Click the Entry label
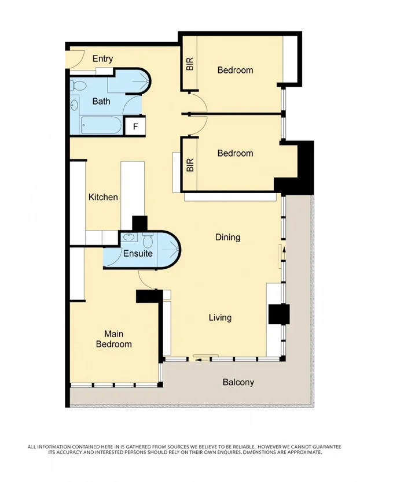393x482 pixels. [x=102, y=58]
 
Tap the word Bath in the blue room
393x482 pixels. [x=101, y=101]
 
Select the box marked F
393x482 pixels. [x=135, y=126]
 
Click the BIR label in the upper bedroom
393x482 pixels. [x=190, y=64]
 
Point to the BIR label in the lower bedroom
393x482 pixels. [x=190, y=165]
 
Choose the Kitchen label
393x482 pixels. [x=103, y=197]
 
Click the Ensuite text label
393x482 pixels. [x=138, y=253]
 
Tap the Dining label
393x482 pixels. [x=227, y=237]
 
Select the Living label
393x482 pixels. [x=220, y=317]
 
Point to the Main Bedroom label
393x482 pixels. [x=117, y=339]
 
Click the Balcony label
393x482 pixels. [x=238, y=382]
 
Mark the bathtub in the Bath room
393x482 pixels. [x=101, y=124]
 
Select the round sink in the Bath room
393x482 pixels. [x=74, y=106]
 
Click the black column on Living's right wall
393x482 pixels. [x=278, y=314]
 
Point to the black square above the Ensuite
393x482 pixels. [x=140, y=223]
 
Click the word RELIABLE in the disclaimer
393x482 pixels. [x=236, y=447]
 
